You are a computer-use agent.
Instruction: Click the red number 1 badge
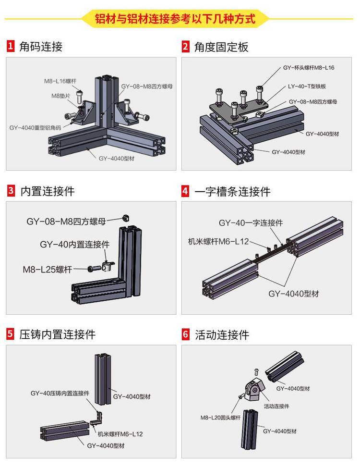11,47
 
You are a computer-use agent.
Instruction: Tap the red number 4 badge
186,191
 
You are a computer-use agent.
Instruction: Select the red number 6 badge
186,334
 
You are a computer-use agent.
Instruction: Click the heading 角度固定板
221,47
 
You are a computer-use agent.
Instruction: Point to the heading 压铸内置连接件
58,334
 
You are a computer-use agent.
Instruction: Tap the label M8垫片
61,96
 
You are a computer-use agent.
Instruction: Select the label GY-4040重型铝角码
35,128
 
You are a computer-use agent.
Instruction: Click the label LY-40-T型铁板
307,86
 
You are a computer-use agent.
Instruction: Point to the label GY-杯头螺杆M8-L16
308,68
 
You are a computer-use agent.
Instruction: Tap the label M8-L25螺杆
47,269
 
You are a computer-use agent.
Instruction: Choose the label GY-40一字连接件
251,223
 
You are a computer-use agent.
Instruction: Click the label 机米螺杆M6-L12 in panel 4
218,241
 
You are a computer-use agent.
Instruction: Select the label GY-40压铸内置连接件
60,393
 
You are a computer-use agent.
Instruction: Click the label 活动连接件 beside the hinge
276,406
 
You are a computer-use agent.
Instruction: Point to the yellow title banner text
175,19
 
